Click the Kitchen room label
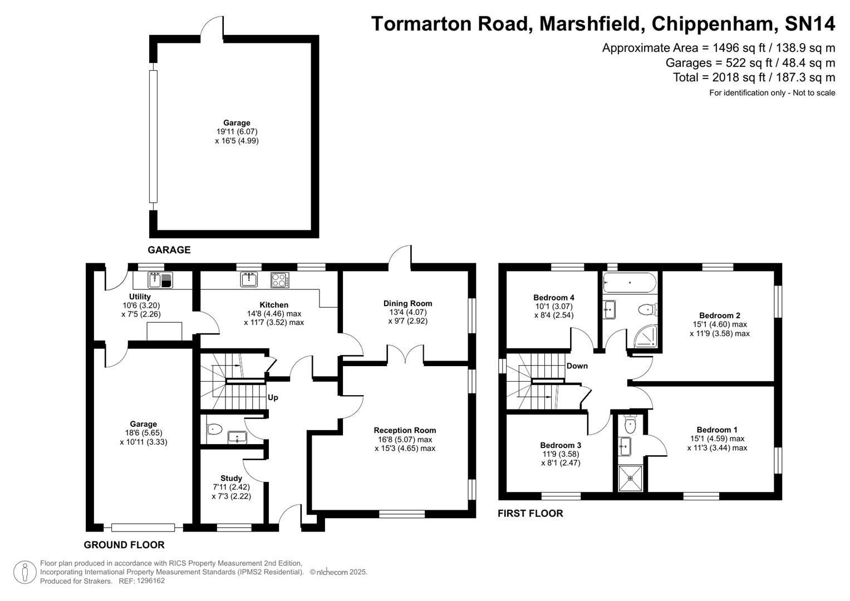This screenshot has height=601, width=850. point(274,305)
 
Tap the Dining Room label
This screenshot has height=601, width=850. point(407,303)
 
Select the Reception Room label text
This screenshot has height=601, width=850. point(405,430)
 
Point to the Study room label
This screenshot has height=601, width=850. point(231,478)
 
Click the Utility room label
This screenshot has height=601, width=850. point(140,297)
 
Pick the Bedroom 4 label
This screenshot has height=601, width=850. point(553,298)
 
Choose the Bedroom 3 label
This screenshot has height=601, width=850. point(561,445)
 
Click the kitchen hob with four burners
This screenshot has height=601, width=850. point(280,280)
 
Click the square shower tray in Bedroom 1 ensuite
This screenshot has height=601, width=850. point(630,479)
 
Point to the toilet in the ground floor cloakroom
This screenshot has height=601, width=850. point(214,429)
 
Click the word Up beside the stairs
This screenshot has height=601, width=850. point(273,397)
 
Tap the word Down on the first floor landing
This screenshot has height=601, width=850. point(577,366)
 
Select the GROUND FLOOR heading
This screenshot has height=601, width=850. point(124,545)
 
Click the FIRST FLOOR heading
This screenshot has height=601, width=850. point(530,513)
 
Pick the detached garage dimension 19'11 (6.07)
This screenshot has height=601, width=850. point(237,132)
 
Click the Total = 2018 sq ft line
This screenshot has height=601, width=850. point(754,77)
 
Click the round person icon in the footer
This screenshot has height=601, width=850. point(24,572)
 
